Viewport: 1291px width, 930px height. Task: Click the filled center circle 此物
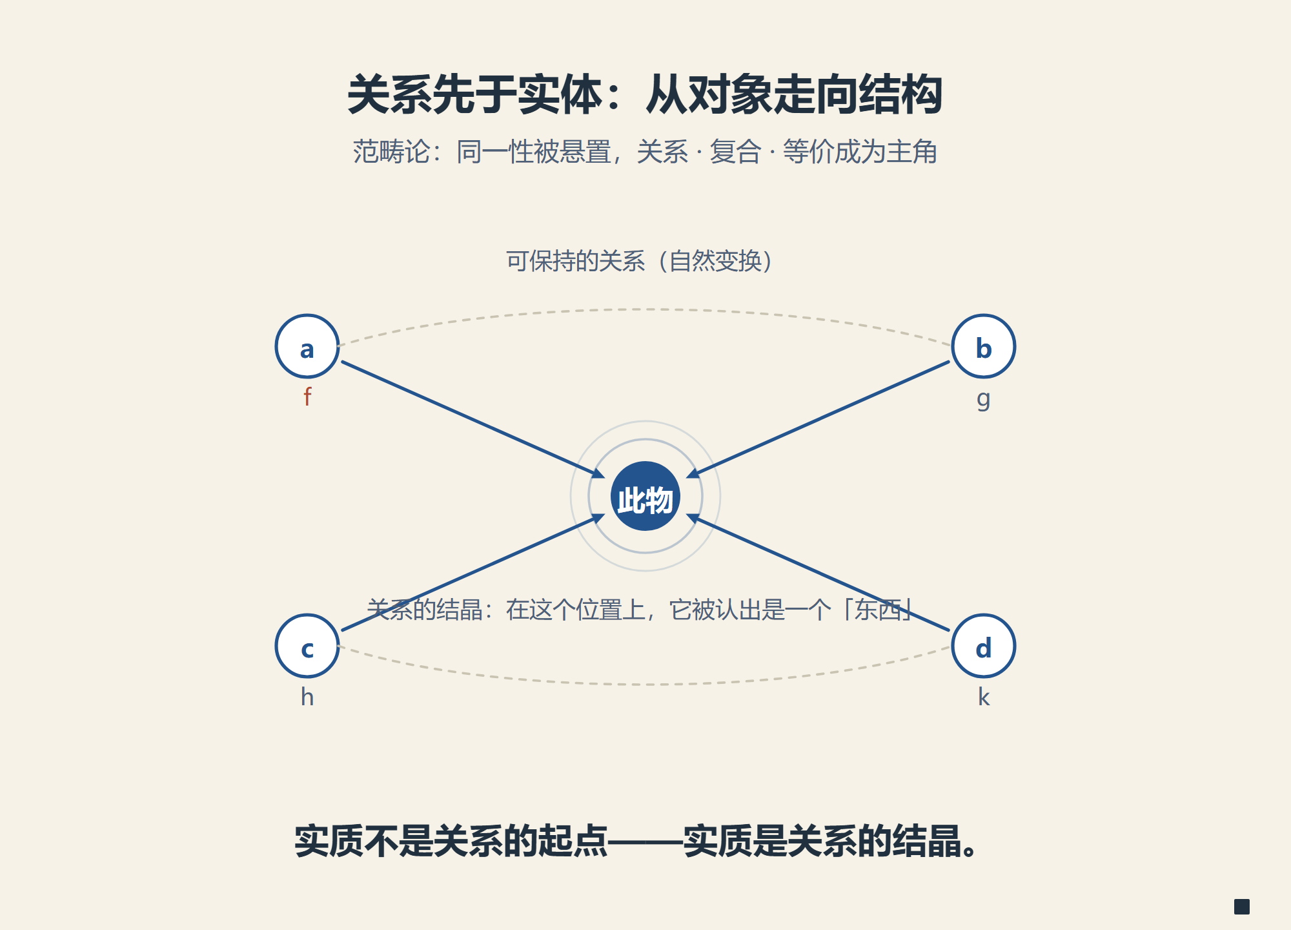coord(645,496)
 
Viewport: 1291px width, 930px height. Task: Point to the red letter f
coord(307,397)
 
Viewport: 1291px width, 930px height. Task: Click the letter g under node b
coord(983,399)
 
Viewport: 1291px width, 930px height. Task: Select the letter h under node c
coord(307,697)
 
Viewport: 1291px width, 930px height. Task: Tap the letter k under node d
coord(984,697)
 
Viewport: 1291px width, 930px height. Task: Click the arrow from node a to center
coord(473,420)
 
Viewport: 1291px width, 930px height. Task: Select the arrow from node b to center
coord(818,420)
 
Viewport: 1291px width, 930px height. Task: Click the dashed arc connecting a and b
coord(645,309)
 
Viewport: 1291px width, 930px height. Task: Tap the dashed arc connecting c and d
coord(645,684)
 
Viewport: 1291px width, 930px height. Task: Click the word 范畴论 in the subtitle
coord(391,152)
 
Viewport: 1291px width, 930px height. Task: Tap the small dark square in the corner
coord(1242,907)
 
